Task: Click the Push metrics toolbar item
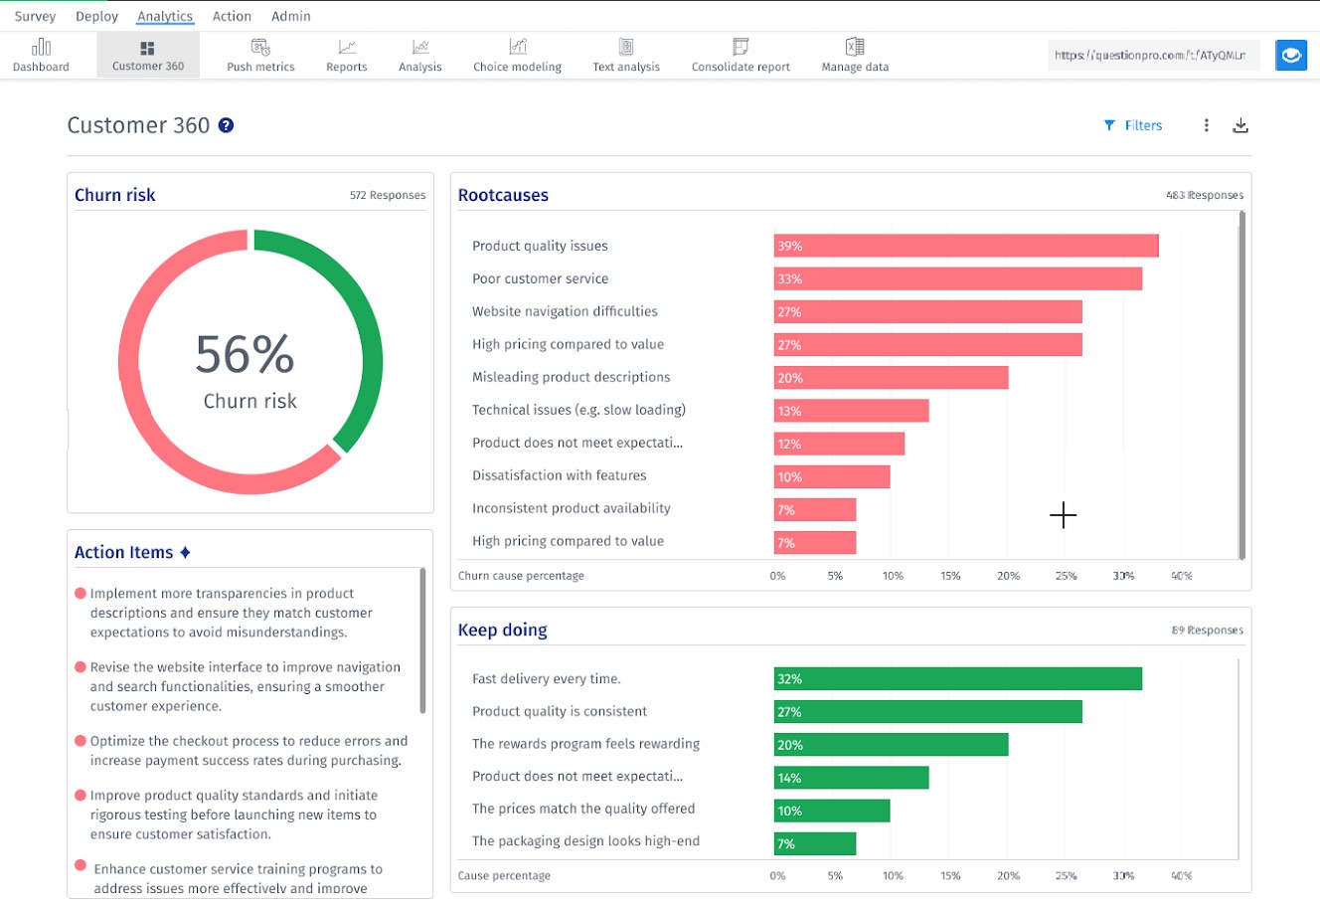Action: point(260,56)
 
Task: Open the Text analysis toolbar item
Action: point(625,56)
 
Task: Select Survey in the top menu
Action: point(35,16)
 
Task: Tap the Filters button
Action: point(1133,125)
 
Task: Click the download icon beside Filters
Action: point(1240,125)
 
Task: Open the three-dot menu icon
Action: point(1206,125)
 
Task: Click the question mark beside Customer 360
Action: point(227,125)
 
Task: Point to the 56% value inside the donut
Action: point(245,354)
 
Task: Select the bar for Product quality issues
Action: point(965,246)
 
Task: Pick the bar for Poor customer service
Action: point(957,278)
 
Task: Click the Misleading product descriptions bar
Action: point(891,378)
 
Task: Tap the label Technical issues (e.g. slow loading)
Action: point(578,410)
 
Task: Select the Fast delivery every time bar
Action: point(957,679)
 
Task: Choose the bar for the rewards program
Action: point(891,745)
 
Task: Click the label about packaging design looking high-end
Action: point(585,841)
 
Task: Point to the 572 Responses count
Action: point(387,196)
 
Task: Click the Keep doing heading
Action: point(502,631)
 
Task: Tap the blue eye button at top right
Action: point(1291,56)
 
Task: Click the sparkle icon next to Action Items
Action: point(185,552)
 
